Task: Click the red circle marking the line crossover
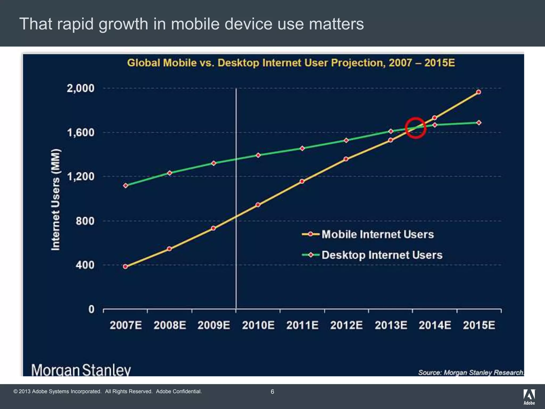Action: click(x=415, y=128)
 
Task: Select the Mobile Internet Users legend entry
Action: click(x=377, y=234)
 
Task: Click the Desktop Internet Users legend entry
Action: click(x=382, y=255)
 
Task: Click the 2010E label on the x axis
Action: click(x=258, y=325)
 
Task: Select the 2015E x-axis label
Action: click(x=479, y=325)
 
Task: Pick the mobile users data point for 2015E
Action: click(x=478, y=92)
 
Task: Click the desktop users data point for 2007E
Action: click(x=126, y=186)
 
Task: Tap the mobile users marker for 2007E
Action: click(x=126, y=267)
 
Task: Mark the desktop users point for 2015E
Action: click(x=479, y=123)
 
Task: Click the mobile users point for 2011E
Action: click(x=302, y=181)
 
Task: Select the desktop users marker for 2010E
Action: click(x=258, y=155)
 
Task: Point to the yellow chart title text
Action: click(x=291, y=63)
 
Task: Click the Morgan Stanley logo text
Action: click(x=81, y=370)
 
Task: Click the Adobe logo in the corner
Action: click(x=529, y=397)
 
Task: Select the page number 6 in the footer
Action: click(x=272, y=392)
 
